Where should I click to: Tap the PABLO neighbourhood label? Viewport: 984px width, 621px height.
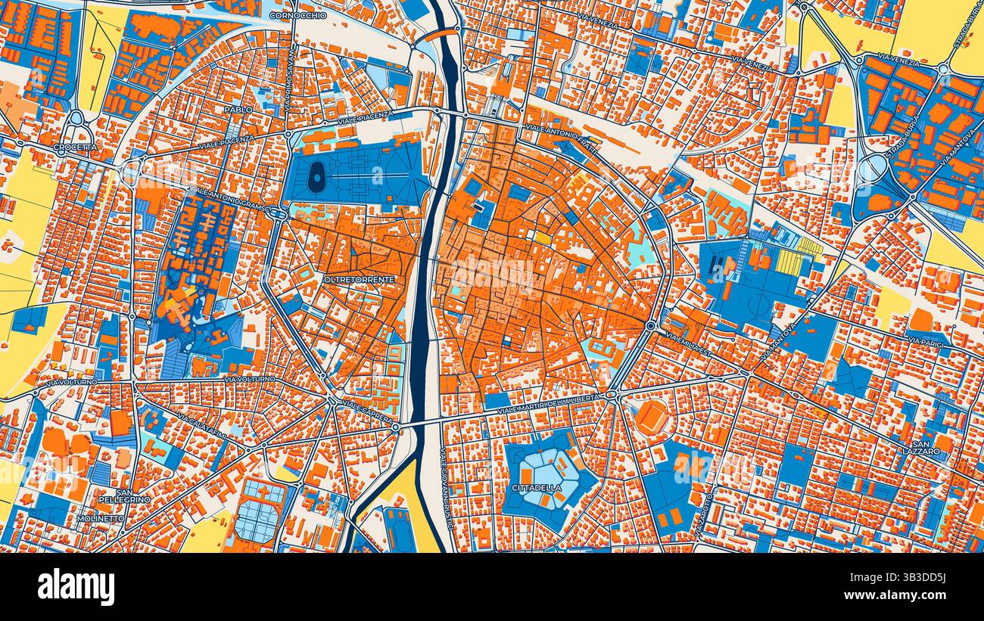238,110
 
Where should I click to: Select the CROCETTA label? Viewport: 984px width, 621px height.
76,147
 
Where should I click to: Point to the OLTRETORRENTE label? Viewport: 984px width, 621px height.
359,280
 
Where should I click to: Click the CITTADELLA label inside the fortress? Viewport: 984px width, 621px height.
537,488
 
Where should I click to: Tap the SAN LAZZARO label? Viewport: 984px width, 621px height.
926,447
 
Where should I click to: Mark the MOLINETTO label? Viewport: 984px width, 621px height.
101,519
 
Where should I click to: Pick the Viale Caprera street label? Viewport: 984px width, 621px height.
368,411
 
